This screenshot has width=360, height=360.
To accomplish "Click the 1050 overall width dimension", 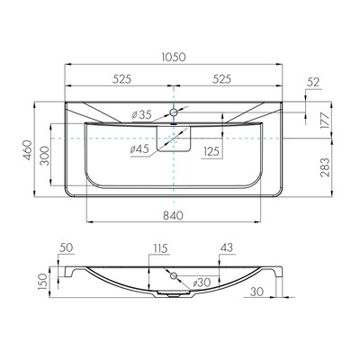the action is (174, 57).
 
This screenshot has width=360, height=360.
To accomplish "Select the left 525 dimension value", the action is (122, 79).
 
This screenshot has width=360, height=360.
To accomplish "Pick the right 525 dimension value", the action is (221, 79).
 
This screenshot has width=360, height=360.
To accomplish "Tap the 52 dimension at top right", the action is (313, 82).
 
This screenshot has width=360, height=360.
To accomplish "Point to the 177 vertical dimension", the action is (325, 120).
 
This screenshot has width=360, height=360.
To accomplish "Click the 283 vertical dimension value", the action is (325, 167).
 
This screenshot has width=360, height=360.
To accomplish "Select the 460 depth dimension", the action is (28, 150).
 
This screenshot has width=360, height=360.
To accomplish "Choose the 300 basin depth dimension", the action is (44, 156).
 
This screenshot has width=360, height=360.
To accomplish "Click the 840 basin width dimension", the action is (174, 215).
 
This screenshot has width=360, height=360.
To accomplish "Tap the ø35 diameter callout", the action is (141, 114).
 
